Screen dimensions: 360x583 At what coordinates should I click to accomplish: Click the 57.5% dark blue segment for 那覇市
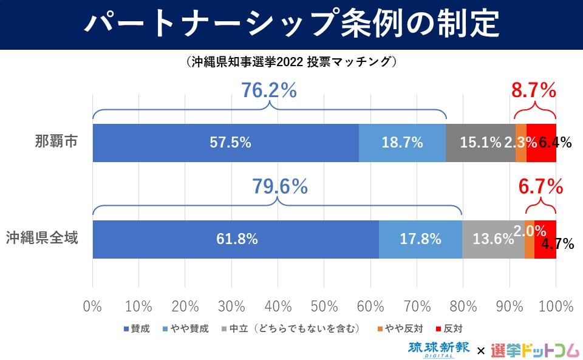[225, 143]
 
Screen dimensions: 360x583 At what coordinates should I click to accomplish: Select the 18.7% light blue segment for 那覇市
[402, 143]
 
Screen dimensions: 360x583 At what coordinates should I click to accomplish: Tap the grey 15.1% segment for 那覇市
[480, 143]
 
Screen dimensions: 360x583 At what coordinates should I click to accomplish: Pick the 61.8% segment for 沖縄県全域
[236, 239]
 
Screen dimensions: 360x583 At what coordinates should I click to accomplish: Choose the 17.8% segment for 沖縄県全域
[420, 239]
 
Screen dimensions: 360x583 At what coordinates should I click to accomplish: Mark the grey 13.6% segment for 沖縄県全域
[493, 239]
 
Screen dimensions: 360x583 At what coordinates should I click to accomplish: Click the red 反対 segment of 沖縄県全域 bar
[545, 239]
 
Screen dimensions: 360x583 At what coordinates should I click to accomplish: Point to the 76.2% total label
[269, 91]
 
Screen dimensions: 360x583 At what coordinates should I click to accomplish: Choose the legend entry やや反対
[398, 329]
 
